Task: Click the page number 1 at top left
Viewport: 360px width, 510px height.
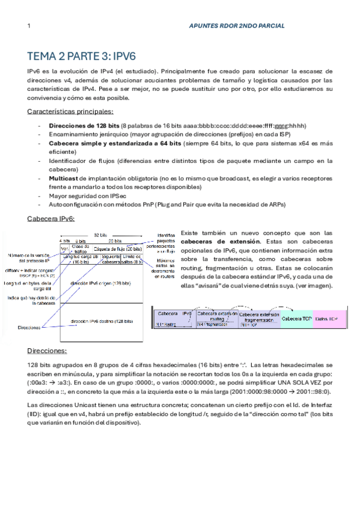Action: (29, 26)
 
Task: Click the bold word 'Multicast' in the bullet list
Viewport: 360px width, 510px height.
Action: (66, 179)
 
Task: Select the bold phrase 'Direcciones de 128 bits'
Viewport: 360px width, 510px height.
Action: (84, 125)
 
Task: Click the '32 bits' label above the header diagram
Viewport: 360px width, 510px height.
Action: (101, 235)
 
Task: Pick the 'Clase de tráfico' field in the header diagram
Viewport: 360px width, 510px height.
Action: (81, 248)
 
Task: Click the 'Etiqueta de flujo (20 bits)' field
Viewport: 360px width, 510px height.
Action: (117, 248)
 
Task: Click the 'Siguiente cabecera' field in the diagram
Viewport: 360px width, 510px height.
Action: (111, 260)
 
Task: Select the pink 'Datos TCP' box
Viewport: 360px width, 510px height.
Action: (329, 318)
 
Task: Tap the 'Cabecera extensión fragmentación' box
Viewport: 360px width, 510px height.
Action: (259, 318)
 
